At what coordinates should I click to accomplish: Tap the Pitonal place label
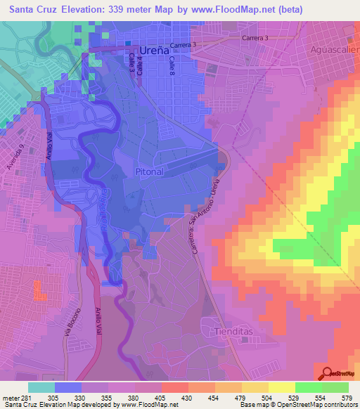(x=148, y=171)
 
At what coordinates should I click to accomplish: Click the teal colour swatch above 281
(x=41, y=387)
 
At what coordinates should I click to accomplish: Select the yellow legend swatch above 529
(x=281, y=387)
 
